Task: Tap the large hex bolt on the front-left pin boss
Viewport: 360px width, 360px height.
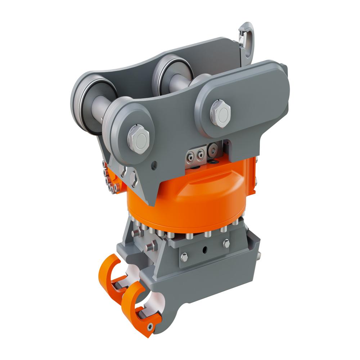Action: click(x=138, y=139)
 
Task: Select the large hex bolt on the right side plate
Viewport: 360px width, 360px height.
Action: click(x=220, y=113)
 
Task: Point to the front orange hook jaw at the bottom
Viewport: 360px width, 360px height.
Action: click(x=139, y=308)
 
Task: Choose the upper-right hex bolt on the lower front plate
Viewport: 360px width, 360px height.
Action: click(x=226, y=244)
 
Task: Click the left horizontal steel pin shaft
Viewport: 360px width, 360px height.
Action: click(x=98, y=108)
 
